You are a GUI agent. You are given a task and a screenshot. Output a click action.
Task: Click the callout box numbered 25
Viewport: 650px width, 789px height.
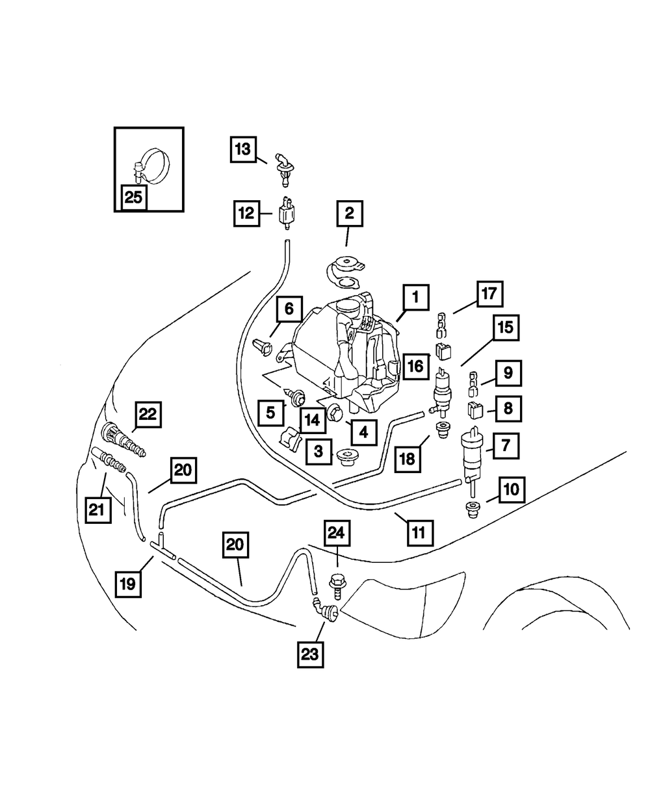133,198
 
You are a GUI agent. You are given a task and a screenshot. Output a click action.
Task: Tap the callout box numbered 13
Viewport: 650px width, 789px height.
242,149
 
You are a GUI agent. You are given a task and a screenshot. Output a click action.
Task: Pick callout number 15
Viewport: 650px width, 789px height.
506,328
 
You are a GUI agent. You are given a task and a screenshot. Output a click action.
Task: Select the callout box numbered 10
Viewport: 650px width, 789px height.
511,489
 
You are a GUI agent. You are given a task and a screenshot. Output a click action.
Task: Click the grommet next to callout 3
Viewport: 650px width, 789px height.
349,456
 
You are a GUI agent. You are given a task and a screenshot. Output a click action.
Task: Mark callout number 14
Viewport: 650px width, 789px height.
312,420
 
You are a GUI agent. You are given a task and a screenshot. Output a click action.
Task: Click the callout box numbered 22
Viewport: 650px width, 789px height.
148,415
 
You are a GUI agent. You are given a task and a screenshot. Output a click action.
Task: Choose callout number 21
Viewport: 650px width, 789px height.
97,510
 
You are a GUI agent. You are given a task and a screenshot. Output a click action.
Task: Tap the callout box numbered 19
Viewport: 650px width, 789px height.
128,584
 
